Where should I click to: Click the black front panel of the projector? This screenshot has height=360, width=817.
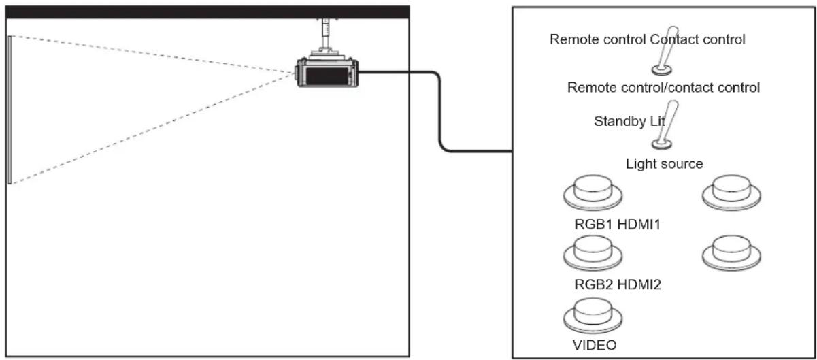point(327,76)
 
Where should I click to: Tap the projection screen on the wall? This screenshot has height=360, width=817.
point(10,110)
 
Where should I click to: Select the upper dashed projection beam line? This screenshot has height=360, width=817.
point(153,54)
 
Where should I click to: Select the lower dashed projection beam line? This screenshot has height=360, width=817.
point(153,129)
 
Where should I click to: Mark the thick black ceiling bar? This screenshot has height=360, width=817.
point(207,12)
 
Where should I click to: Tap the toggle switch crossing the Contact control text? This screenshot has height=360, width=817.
point(665,50)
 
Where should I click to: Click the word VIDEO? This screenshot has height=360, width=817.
point(595,345)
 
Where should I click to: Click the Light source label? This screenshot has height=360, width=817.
point(665,164)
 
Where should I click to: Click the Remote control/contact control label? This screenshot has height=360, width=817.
point(663,88)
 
